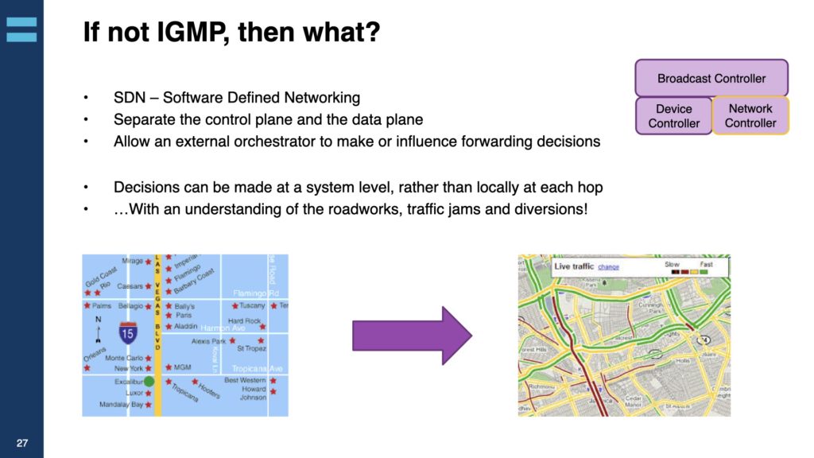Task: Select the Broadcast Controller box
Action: tap(711, 78)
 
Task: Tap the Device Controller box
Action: tap(673, 116)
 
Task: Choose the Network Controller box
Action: tap(750, 116)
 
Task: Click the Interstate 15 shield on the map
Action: tap(127, 332)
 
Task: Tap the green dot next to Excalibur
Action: tap(149, 382)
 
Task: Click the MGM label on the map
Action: tap(182, 367)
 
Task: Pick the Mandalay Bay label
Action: tap(121, 405)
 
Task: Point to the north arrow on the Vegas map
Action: tap(99, 328)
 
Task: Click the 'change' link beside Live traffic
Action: tap(608, 267)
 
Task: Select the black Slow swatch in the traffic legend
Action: tap(675, 272)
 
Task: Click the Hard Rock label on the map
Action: tap(244, 321)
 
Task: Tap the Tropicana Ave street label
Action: tap(257, 369)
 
